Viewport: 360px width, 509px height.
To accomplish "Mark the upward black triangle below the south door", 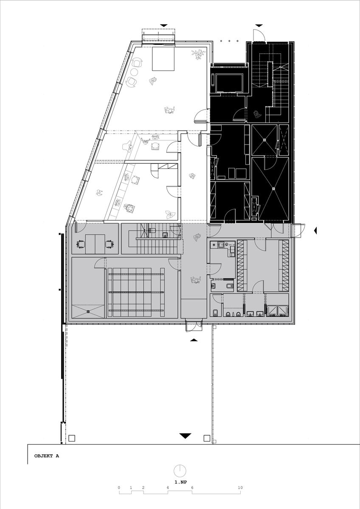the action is [x=194, y=340].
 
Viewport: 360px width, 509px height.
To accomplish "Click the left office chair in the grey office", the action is [x=80, y=244].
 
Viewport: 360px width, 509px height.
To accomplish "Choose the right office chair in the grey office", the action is [x=110, y=244].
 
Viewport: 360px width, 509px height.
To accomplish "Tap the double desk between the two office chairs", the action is [x=95, y=244].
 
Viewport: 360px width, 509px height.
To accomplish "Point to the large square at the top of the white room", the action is [x=163, y=59].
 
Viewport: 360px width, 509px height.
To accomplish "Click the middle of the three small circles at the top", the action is [x=229, y=41].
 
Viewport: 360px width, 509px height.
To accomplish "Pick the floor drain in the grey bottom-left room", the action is [x=88, y=311].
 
